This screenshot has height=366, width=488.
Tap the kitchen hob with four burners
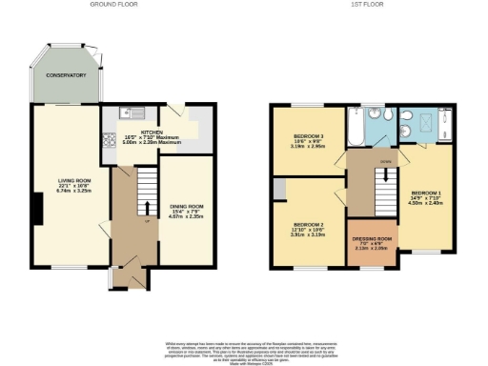tap(108, 137)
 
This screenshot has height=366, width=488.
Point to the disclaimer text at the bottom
tap(244, 349)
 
